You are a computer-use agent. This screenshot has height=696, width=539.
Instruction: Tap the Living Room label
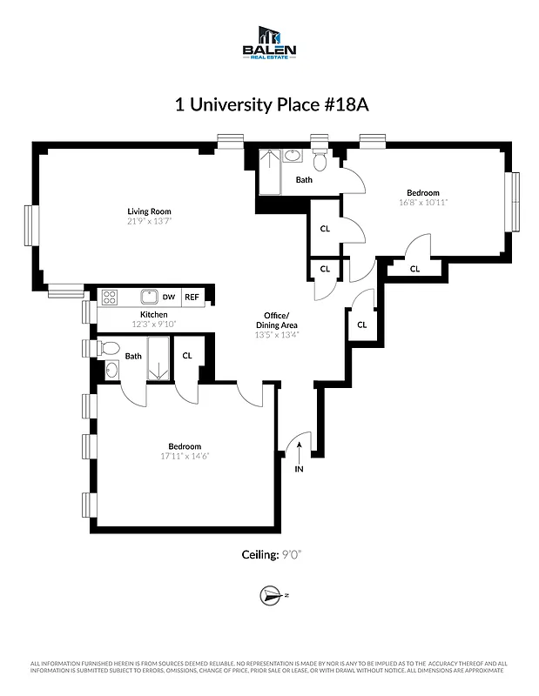(x=149, y=211)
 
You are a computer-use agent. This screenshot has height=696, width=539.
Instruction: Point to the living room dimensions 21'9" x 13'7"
(x=149, y=222)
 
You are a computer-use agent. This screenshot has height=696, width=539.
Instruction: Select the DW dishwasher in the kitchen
(x=168, y=297)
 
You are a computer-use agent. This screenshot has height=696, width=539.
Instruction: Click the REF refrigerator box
(x=192, y=297)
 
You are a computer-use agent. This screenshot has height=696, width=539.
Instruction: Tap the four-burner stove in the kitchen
(x=111, y=297)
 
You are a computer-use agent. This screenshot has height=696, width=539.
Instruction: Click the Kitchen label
(x=154, y=314)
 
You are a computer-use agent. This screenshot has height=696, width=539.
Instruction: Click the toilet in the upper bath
(x=320, y=161)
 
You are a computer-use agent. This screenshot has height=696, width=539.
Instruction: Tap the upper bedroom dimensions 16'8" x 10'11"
(x=422, y=203)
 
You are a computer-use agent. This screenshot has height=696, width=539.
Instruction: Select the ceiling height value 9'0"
(x=298, y=554)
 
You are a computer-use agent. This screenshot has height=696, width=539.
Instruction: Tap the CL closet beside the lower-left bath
(x=187, y=355)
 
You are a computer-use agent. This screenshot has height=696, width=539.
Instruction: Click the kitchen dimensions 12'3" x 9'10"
(x=154, y=325)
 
